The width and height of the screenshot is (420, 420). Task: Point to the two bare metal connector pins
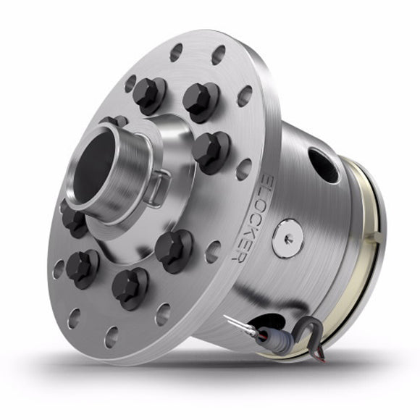[x=232, y=322]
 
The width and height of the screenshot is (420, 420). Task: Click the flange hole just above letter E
[x=244, y=168]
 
